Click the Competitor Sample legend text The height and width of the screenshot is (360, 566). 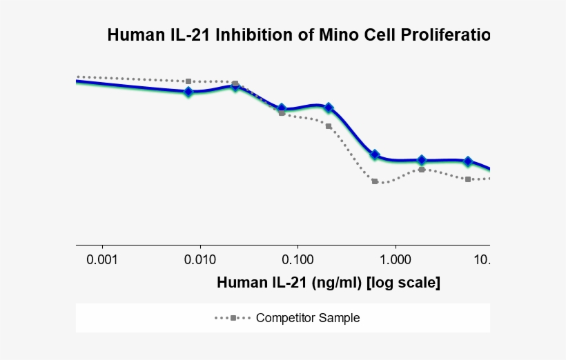click(308, 318)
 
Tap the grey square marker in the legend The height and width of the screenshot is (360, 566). click(233, 318)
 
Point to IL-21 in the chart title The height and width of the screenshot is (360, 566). click(190, 35)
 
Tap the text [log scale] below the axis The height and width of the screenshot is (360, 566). click(404, 283)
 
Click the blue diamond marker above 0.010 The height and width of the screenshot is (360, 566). click(188, 92)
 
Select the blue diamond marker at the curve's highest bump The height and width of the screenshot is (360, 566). click(235, 86)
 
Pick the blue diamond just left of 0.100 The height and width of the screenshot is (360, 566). click(282, 109)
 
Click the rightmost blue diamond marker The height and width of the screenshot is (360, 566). click(468, 161)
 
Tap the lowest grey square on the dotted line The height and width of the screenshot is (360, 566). click(375, 181)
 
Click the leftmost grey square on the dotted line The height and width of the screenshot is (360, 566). click(188, 81)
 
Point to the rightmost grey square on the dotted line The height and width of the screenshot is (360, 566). click(468, 179)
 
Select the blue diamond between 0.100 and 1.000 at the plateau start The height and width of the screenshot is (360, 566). click(375, 155)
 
